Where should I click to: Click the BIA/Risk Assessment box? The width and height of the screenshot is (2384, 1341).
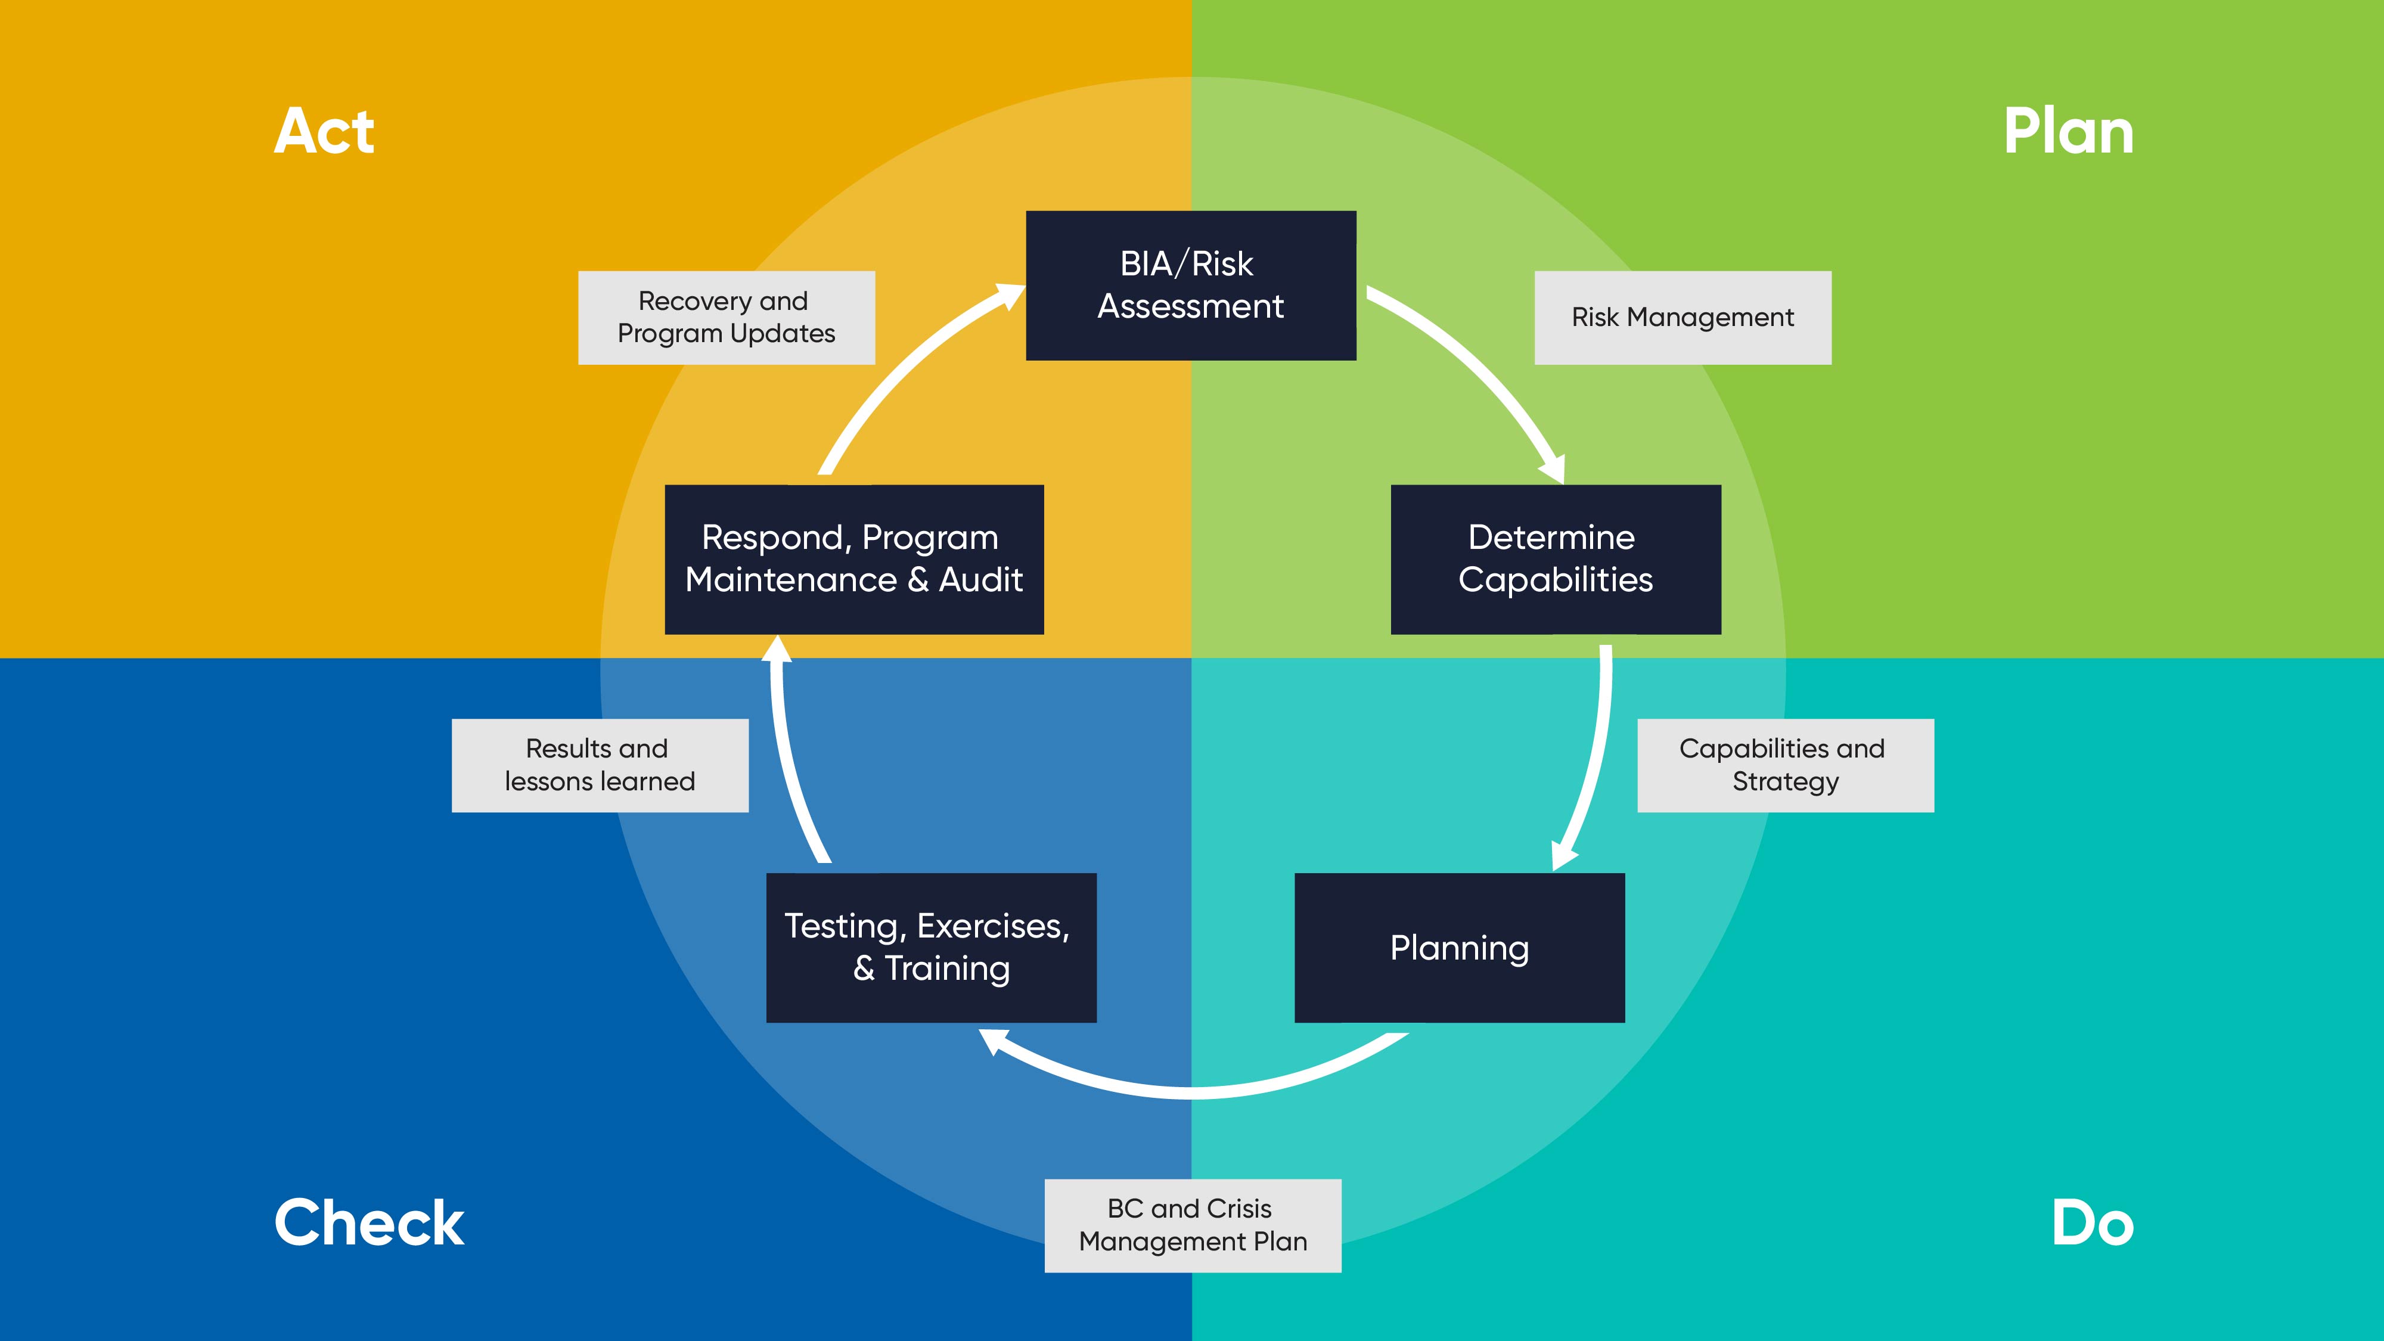tap(1190, 285)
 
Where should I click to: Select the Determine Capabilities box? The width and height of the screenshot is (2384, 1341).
tap(1555, 559)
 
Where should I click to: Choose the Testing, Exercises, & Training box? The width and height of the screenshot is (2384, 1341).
tap(930, 948)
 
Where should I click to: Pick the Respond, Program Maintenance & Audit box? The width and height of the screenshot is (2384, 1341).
tap(853, 559)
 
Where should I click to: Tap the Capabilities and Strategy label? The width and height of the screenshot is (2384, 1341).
tap(1784, 765)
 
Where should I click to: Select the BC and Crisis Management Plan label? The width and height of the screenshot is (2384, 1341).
tap(1192, 1225)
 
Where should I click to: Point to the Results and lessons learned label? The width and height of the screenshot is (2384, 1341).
tap(599, 765)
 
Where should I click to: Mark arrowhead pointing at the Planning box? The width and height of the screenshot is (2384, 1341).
tap(1563, 855)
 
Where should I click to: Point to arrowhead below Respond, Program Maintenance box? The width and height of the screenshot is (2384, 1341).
tap(777, 650)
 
